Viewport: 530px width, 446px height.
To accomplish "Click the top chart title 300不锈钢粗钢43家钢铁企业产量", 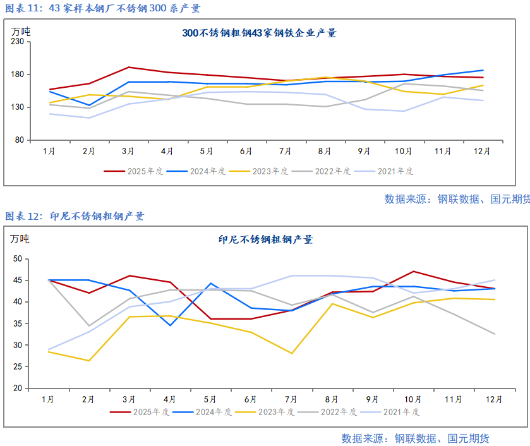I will click(259, 33).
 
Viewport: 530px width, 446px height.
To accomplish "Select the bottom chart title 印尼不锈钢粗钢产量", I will click(265, 239).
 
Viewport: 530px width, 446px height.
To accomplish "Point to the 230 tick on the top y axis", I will click(17, 42).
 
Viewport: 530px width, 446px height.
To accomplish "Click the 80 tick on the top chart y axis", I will click(20, 140).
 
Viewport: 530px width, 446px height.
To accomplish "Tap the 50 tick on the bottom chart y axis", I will click(17, 259).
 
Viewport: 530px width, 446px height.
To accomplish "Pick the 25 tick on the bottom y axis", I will click(17, 367).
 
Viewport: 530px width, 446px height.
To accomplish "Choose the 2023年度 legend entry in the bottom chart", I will click(265, 412).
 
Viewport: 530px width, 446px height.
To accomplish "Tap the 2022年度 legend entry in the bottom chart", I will click(328, 412).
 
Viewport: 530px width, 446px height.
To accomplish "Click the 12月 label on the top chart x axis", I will click(483, 152).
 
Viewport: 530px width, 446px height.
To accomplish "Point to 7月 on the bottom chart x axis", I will click(291, 400).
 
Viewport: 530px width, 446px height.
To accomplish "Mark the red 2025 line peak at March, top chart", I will click(129, 67).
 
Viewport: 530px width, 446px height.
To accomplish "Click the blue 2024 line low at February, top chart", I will click(89, 105).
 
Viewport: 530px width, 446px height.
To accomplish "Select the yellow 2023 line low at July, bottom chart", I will click(291, 353).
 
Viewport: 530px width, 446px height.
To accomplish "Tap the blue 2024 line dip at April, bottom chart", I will click(169, 325).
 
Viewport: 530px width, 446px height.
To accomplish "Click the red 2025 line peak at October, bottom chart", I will click(413, 272).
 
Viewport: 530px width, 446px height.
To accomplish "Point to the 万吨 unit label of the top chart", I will click(20, 30).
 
